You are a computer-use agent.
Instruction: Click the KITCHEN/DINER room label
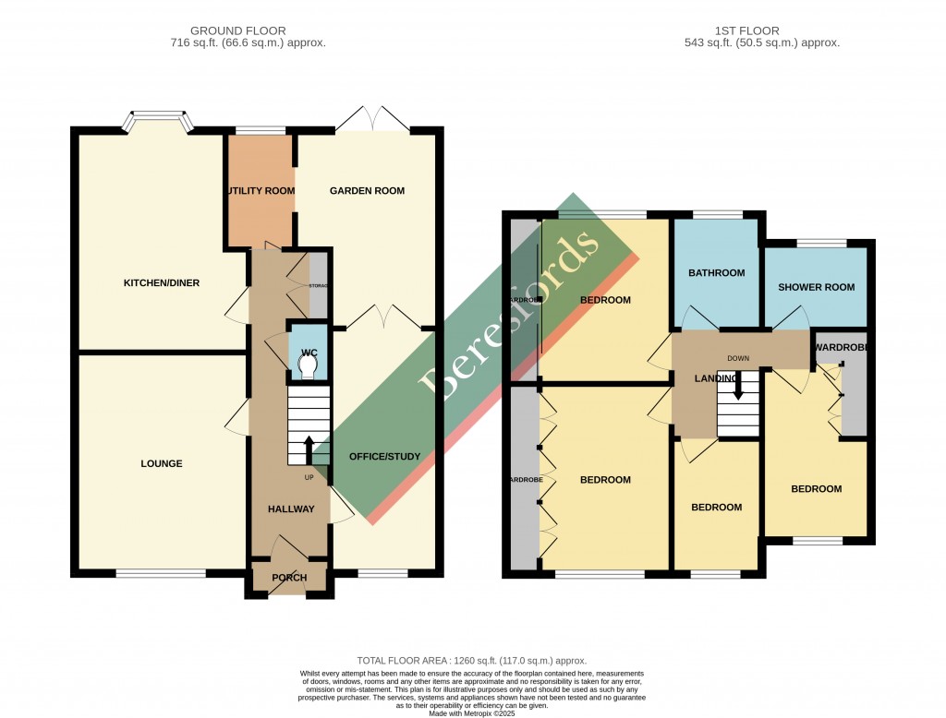click(162, 282)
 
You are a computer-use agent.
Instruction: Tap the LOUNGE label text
click(162, 463)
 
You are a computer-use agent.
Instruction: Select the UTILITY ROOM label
click(260, 191)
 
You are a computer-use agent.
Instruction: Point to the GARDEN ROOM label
click(367, 191)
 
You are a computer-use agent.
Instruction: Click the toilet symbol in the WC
click(308, 368)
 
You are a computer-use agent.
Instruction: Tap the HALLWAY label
click(291, 509)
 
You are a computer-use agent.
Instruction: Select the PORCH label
click(289, 580)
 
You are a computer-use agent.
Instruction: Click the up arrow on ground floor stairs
click(309, 449)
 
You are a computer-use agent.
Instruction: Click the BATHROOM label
click(716, 273)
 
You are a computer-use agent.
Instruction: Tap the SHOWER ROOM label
click(816, 287)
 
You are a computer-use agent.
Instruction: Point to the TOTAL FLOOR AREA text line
click(472, 660)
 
